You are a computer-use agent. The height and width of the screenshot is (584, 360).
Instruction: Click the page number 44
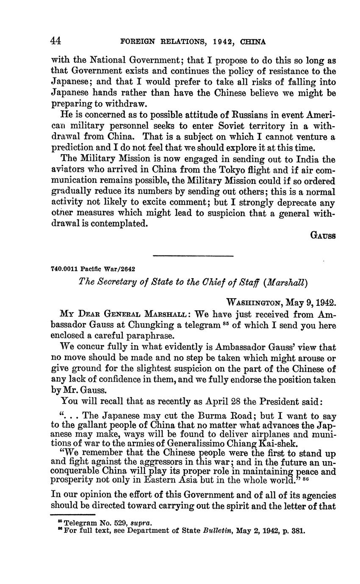56,41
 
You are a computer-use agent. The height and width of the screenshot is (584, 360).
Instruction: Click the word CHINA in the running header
253,42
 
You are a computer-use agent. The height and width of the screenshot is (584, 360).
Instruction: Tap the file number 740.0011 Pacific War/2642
93,268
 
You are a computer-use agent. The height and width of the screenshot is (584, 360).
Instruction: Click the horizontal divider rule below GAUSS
193,256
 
